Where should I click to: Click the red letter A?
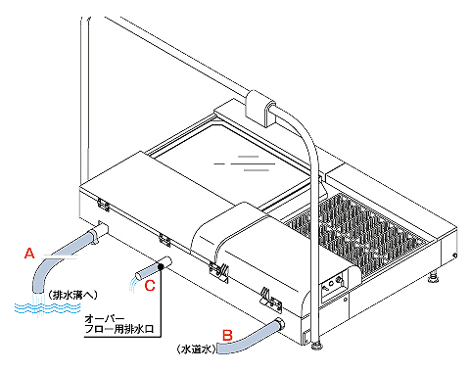click(x=29, y=253)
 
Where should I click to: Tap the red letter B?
click(x=227, y=336)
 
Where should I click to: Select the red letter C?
click(x=150, y=286)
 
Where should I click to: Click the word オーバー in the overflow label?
click(x=105, y=318)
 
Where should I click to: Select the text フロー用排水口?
click(x=119, y=329)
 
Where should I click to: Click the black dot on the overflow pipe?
click(x=161, y=266)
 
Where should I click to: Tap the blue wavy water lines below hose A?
click(x=48, y=307)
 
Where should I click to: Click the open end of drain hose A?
click(x=38, y=291)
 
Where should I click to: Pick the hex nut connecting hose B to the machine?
click(x=280, y=324)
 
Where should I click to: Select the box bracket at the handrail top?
click(x=260, y=109)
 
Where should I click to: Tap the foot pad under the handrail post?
click(x=317, y=345)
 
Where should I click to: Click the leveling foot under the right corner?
click(x=434, y=277)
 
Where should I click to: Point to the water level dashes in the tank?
click(x=244, y=163)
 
